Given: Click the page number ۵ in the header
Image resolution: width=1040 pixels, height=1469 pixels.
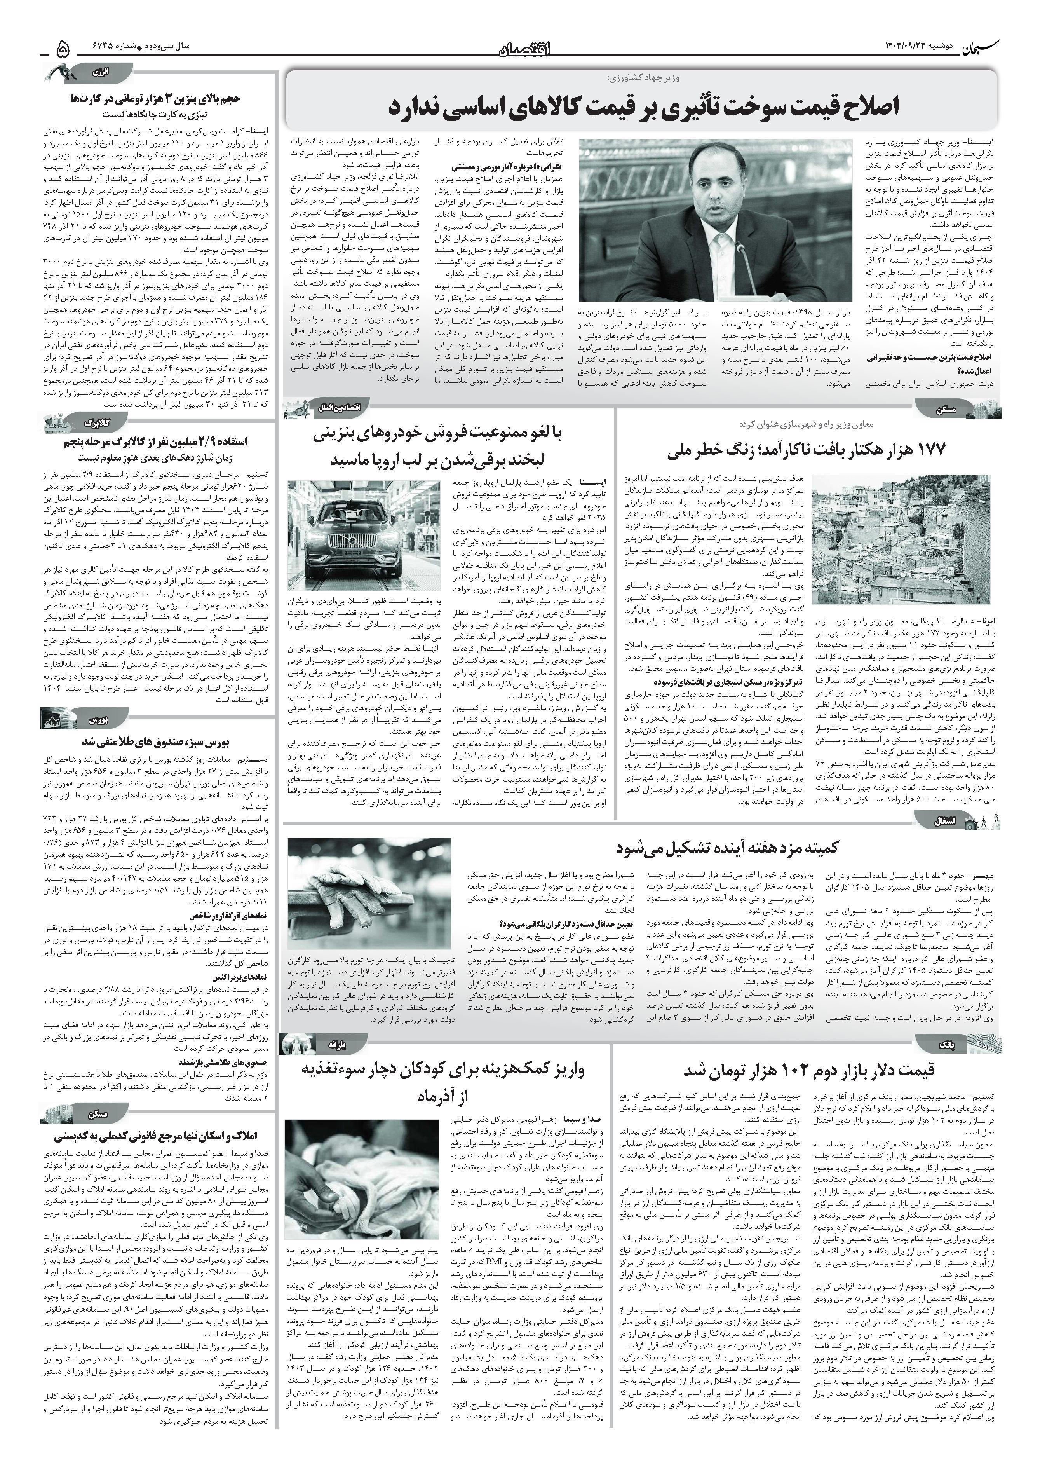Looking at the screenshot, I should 63,49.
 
